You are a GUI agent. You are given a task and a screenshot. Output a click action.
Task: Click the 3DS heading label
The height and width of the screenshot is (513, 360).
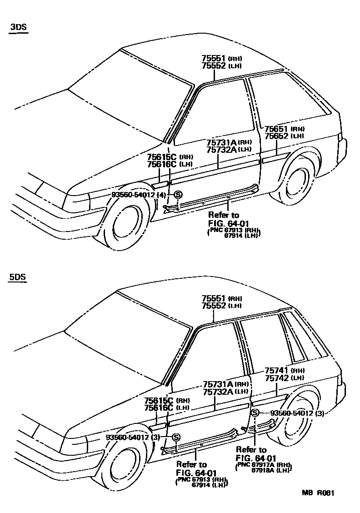coord(19,27)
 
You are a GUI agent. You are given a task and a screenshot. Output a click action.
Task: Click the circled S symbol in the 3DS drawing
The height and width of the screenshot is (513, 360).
coord(178,195)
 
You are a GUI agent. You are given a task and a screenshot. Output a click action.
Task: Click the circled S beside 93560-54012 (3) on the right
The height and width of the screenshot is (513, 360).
coord(255,413)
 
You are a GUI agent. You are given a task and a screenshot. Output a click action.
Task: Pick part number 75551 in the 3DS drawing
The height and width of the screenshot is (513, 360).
coord(214,59)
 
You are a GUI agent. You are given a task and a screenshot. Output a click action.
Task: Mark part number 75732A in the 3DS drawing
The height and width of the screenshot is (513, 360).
coord(222,149)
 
